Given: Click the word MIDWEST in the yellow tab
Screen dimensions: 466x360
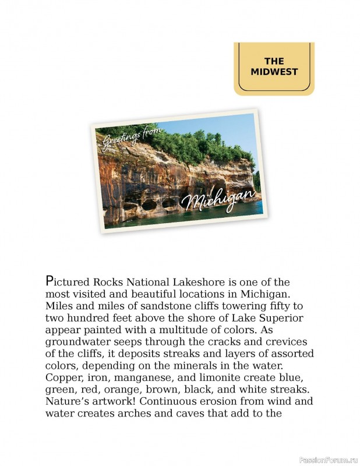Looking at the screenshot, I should click(274, 72).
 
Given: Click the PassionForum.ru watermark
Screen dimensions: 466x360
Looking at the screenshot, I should click(327, 460).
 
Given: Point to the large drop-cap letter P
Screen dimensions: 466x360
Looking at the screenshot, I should click(50, 281).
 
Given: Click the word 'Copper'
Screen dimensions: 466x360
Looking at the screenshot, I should click(61, 378).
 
